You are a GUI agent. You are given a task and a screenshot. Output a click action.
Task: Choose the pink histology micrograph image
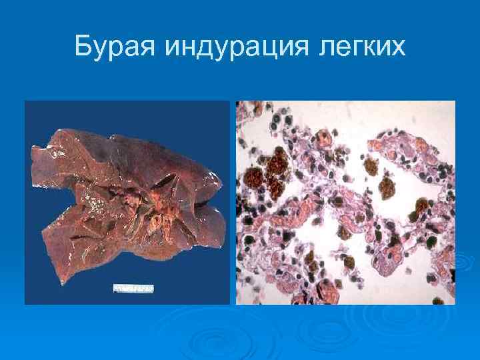345,202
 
